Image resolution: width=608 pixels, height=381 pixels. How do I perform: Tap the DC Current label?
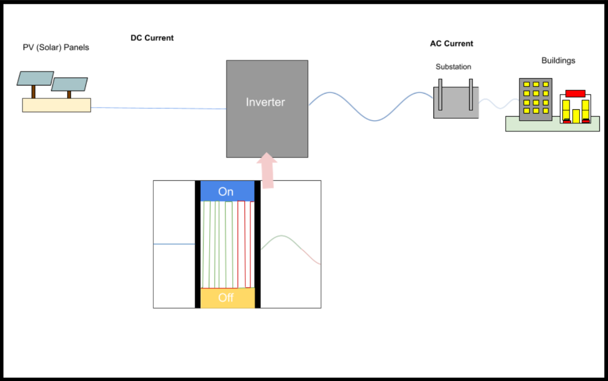[x=152, y=38]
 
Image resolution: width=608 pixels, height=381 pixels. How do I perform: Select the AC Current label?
[x=451, y=44]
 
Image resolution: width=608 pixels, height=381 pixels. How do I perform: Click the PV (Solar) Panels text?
[x=56, y=47]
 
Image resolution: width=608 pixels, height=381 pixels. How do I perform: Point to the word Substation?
[x=453, y=67]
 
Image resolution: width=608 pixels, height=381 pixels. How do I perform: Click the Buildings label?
[x=558, y=61]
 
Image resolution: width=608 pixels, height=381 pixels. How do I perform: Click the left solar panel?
[x=35, y=78]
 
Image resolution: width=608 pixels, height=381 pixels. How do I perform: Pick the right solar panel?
[x=69, y=84]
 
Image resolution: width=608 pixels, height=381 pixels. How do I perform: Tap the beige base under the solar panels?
[x=57, y=105]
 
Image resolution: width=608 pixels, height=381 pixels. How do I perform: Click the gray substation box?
[x=456, y=108]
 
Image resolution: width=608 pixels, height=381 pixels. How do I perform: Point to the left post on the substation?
[x=439, y=94]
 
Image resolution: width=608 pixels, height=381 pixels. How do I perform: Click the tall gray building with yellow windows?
[x=536, y=99]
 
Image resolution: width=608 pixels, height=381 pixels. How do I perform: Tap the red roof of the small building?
[x=575, y=94]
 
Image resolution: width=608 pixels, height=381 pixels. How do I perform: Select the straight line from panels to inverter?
[x=158, y=108]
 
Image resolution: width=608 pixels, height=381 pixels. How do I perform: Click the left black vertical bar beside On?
[x=198, y=244]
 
